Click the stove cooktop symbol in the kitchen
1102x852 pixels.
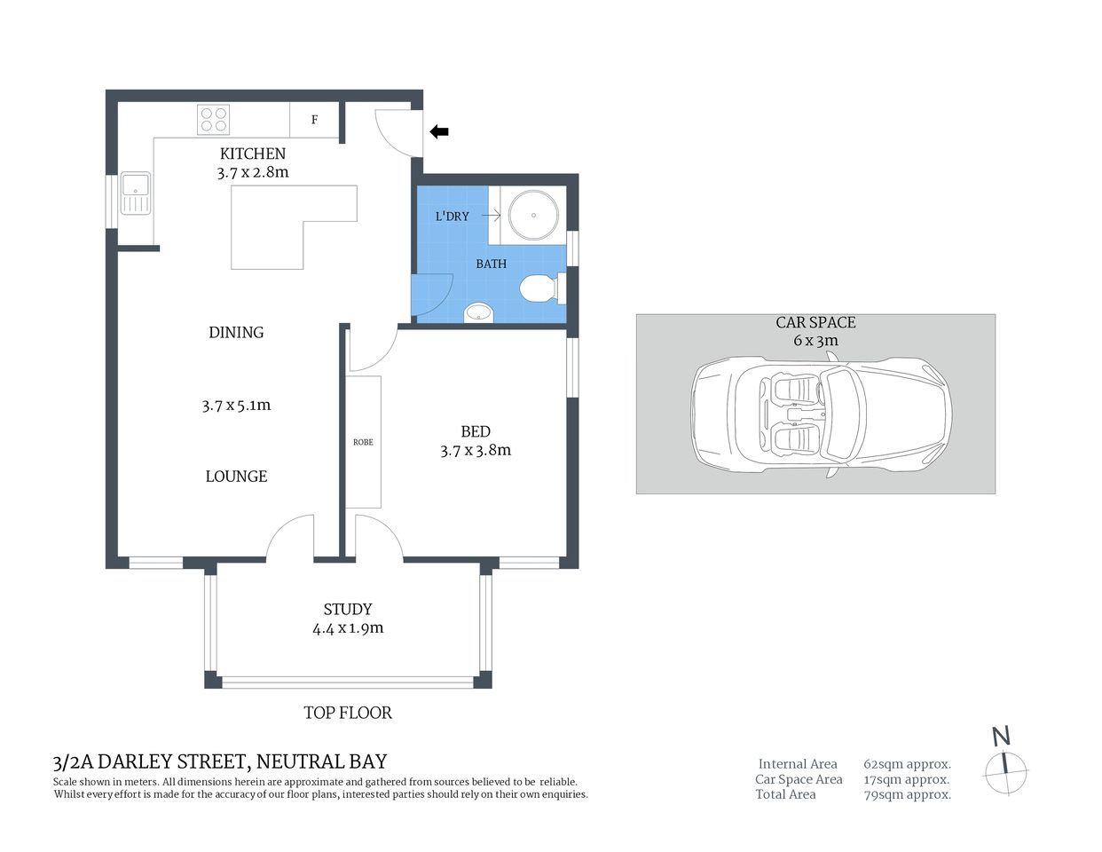tap(213, 120)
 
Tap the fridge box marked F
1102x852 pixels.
tap(315, 120)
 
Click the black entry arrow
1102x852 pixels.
tap(439, 132)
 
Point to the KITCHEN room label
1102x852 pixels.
tap(253, 154)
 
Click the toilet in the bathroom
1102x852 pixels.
tap(538, 288)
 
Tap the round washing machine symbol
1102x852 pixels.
tap(533, 215)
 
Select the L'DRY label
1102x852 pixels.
tap(452, 216)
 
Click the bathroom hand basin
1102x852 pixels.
tap(478, 312)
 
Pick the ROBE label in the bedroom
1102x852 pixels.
tap(363, 441)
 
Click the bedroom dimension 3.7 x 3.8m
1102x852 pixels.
tap(476, 450)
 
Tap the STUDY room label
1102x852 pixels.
tap(348, 609)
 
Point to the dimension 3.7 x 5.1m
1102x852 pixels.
tap(236, 406)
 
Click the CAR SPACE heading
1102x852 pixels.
tap(815, 322)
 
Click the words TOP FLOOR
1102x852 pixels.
tap(348, 712)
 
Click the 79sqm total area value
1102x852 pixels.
tap(907, 794)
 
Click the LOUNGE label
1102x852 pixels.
tap(236, 477)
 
